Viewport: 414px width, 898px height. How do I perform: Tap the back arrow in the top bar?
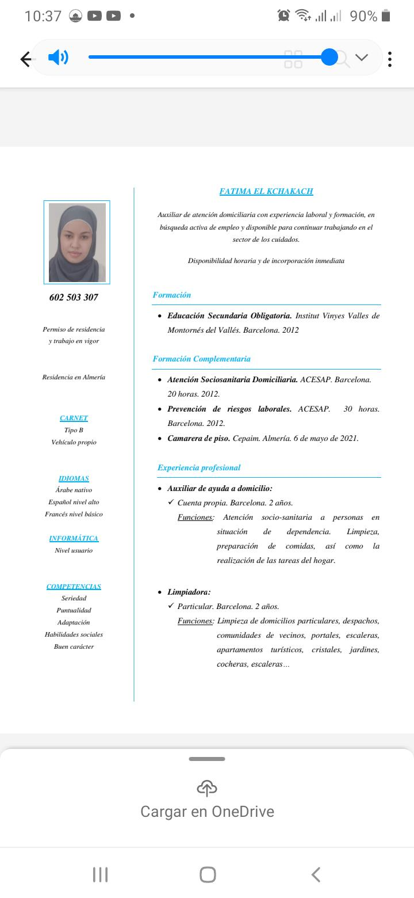click(x=26, y=59)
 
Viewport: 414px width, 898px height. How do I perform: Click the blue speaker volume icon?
click(x=58, y=58)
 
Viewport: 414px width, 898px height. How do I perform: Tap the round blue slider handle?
click(x=329, y=57)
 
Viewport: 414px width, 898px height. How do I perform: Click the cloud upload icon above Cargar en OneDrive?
click(x=207, y=787)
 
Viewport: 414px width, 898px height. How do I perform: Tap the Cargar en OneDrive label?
click(x=207, y=812)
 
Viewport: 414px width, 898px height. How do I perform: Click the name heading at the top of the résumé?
click(x=266, y=191)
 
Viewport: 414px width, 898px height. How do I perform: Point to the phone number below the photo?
click(x=74, y=297)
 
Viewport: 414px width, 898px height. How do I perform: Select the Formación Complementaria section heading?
click(x=201, y=359)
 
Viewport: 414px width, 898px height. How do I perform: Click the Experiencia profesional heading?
click(x=199, y=467)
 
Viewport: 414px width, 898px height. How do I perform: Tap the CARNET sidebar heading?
click(x=74, y=418)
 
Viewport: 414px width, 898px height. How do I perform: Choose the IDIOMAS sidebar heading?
click(x=74, y=478)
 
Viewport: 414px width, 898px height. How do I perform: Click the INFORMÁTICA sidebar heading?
click(x=74, y=538)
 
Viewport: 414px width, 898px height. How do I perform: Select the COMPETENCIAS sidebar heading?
click(x=74, y=587)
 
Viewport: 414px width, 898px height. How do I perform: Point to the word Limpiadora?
click(x=189, y=592)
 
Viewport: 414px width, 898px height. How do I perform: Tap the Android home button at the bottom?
click(x=208, y=874)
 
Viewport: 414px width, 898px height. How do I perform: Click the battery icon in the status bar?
click(x=386, y=16)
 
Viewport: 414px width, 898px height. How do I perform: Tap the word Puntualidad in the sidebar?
click(x=74, y=610)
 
